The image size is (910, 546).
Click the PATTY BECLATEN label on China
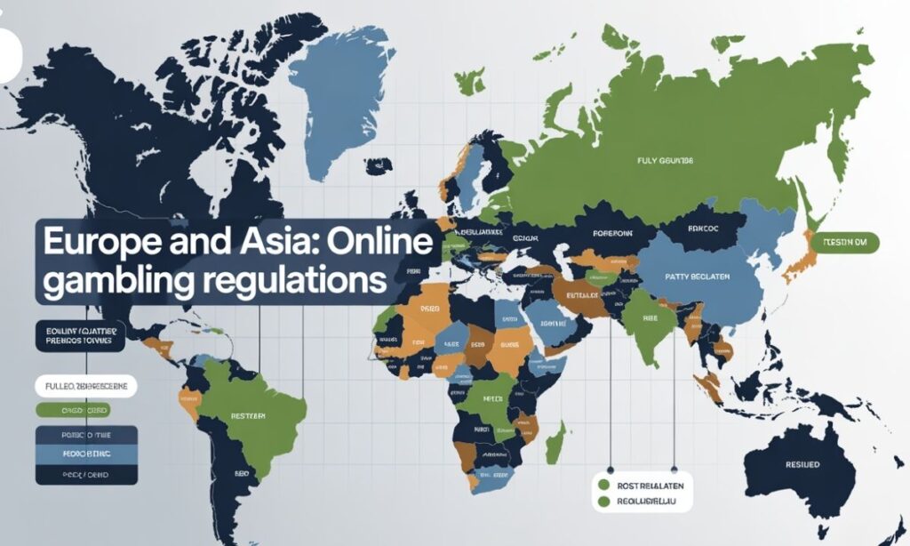696,277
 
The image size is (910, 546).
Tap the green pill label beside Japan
850,242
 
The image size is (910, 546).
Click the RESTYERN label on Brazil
249,415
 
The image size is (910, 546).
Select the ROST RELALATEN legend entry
645,486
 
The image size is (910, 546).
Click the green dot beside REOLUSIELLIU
604,502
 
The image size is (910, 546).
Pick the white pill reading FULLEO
85,388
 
